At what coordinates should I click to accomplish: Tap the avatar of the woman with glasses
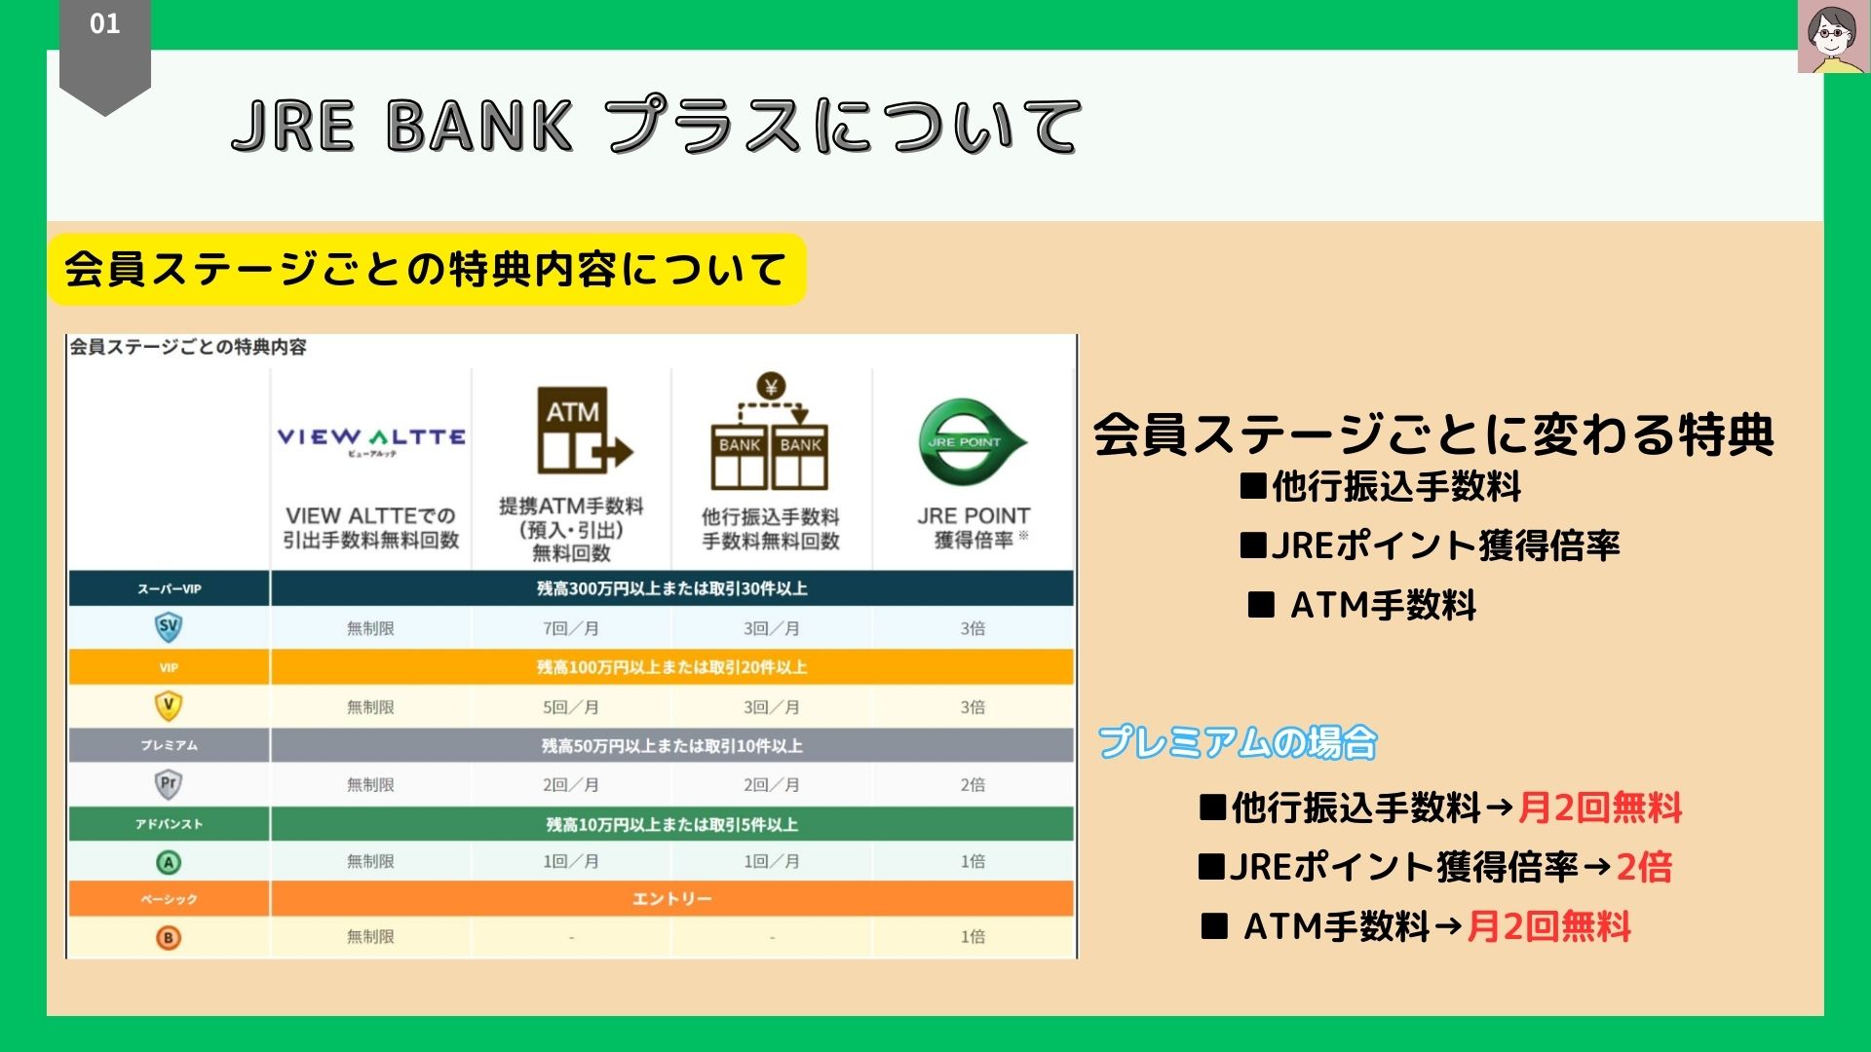tap(1832, 37)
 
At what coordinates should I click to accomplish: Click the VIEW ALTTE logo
tap(370, 439)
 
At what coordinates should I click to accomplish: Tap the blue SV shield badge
tap(169, 627)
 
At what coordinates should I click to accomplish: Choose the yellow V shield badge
tap(169, 705)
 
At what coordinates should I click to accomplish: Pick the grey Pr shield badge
tap(169, 784)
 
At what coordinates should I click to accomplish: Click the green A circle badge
tap(169, 862)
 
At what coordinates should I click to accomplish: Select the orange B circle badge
tap(169, 937)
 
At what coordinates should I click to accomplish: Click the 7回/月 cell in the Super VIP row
tap(571, 628)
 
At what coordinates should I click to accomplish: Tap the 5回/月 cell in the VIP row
tap(571, 707)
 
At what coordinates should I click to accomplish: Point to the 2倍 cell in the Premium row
tap(973, 785)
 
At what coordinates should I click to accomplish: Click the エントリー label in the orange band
tap(671, 898)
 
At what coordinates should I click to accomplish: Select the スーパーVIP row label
tap(169, 588)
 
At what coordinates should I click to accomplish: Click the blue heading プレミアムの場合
tap(1237, 742)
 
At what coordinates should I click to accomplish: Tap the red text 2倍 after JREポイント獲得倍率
tap(1644, 867)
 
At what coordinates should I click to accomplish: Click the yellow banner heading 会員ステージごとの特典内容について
tap(426, 270)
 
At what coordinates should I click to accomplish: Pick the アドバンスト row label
tap(169, 824)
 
